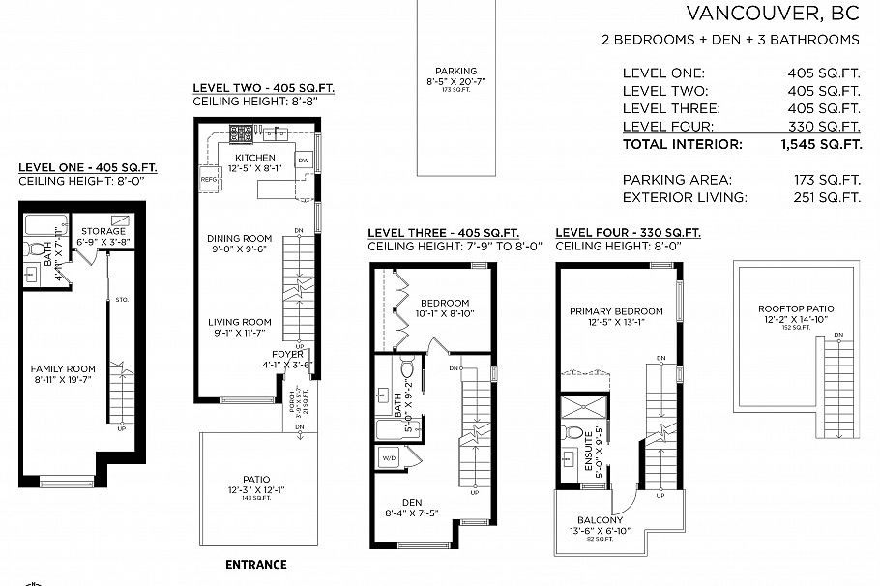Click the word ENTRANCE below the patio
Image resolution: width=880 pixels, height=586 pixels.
(255, 565)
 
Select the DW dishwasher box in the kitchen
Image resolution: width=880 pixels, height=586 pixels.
(303, 160)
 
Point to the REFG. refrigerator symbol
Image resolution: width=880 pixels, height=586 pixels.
(208, 179)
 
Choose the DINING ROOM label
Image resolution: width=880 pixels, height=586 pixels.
(240, 239)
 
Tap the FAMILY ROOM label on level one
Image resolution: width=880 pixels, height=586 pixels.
(63, 368)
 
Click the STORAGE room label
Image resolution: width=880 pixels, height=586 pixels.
(103, 231)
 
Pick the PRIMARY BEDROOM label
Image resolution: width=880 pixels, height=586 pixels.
(616, 311)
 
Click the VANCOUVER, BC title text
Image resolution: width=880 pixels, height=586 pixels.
(773, 13)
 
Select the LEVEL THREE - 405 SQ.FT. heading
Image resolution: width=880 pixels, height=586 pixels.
(443, 233)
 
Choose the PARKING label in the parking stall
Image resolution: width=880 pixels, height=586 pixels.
(455, 71)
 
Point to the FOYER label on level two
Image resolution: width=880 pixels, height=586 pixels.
(287, 355)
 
